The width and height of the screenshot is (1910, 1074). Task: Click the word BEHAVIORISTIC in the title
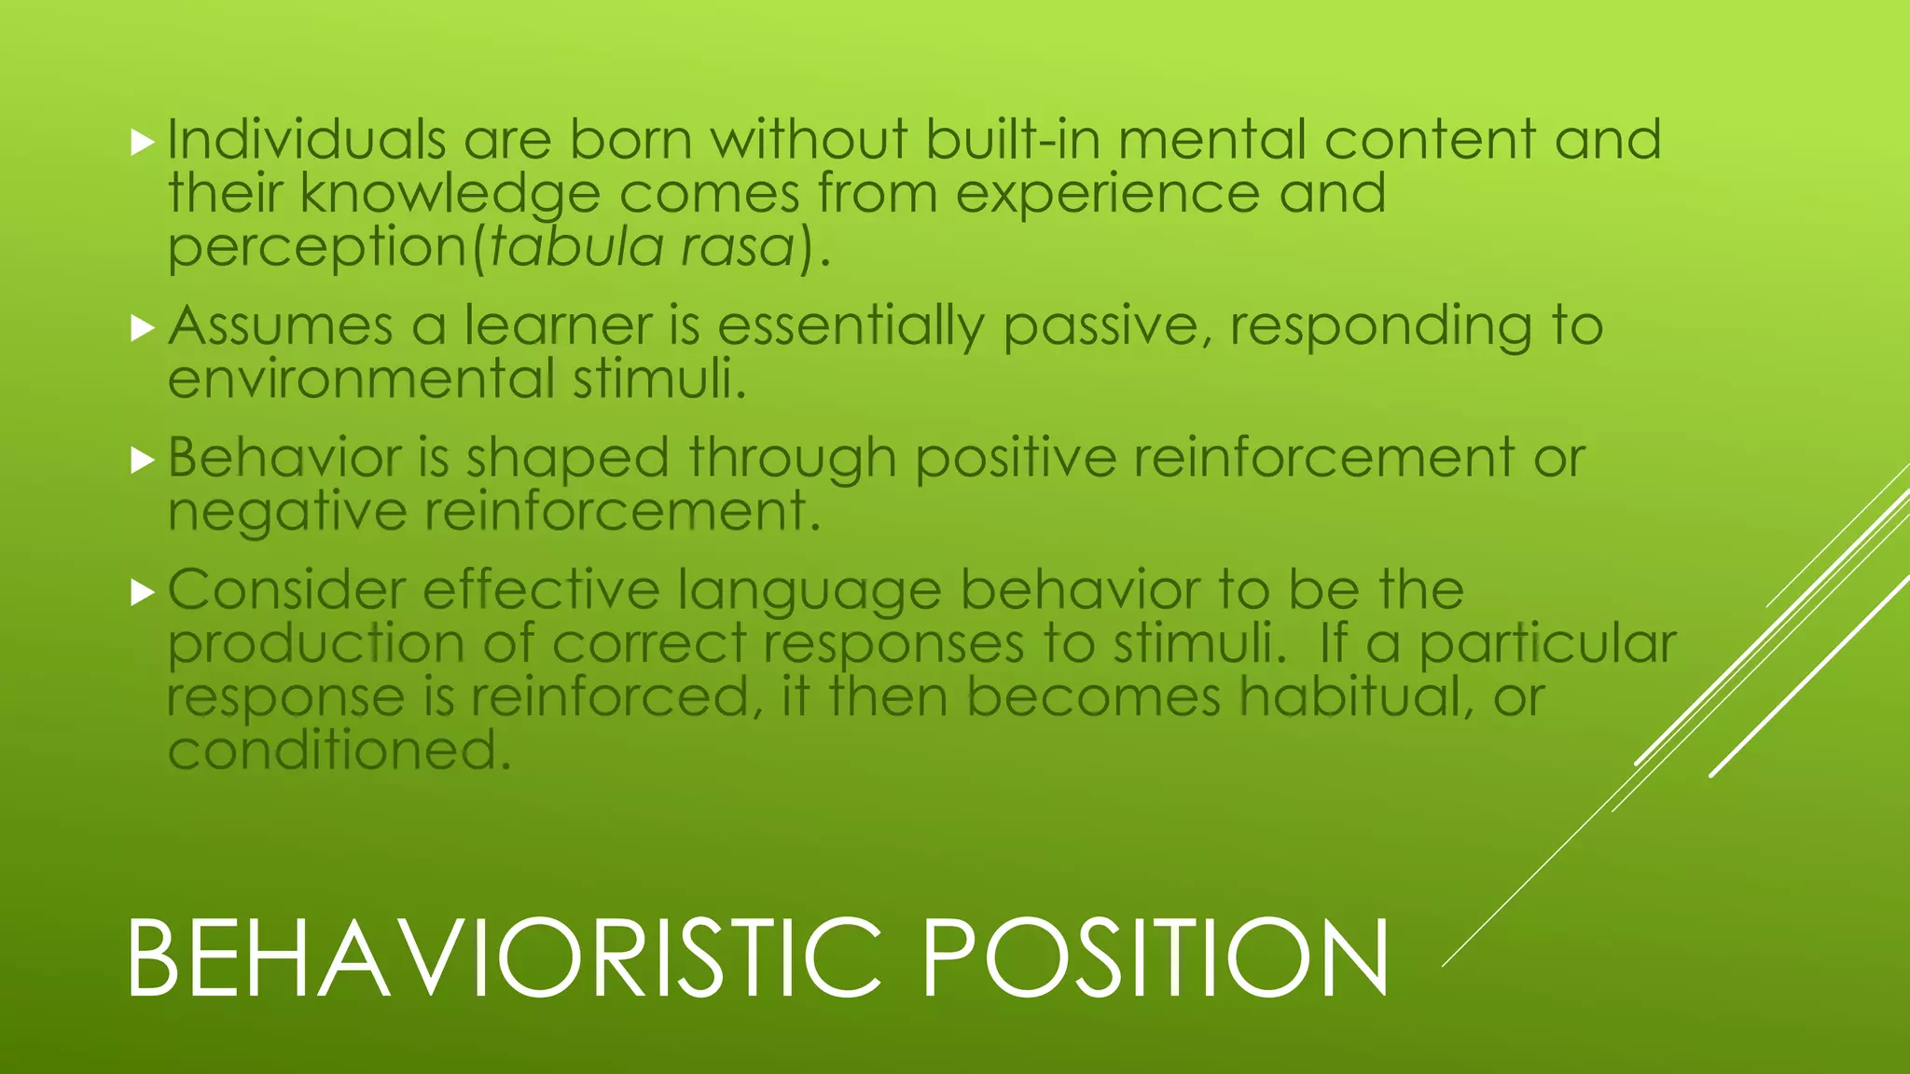(x=504, y=958)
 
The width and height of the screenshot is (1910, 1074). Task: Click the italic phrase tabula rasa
(x=642, y=247)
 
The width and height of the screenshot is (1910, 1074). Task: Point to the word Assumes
(x=281, y=326)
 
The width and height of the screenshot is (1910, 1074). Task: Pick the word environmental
(x=362, y=379)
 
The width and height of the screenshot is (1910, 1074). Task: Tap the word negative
(x=287, y=512)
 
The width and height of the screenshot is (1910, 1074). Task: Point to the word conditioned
(x=339, y=750)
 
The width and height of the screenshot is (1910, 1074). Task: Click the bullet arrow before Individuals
(x=142, y=143)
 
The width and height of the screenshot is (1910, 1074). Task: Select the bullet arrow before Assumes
(x=142, y=328)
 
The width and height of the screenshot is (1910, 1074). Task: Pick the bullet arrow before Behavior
(x=142, y=461)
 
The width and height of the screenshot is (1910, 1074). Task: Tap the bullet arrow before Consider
(x=142, y=592)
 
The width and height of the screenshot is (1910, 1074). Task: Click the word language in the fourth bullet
(x=810, y=592)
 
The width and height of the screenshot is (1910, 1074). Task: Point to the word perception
(x=317, y=249)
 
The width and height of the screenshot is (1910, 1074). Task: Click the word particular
(x=1547, y=644)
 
